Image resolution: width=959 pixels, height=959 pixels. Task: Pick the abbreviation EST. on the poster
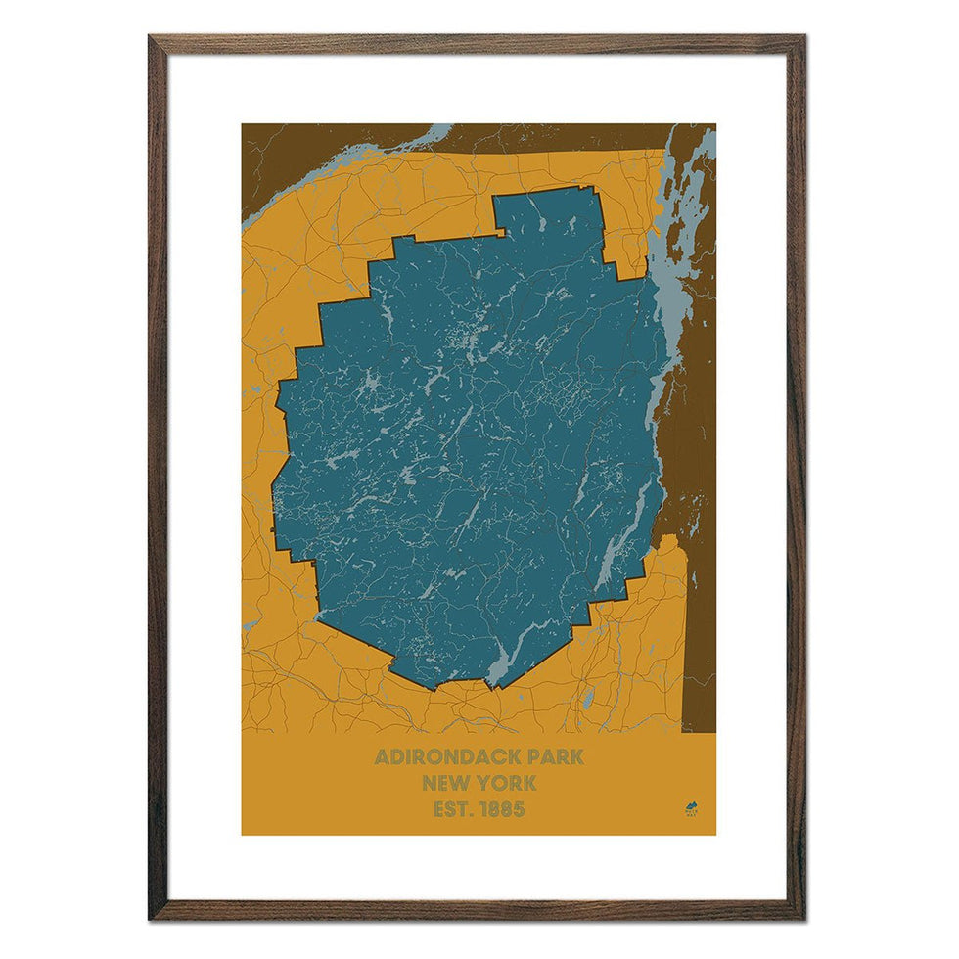click(451, 809)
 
